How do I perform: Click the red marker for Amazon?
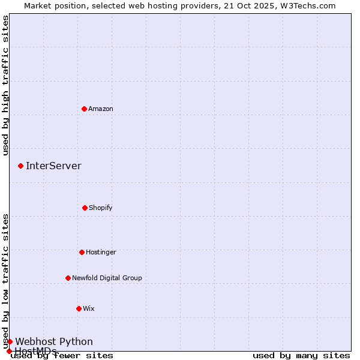pos(84,109)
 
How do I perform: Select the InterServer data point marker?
pos(20,166)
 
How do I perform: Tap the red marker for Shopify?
pos(85,208)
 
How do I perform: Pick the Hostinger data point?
pos(82,252)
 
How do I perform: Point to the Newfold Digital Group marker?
pos(68,278)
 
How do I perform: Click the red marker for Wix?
pos(79,308)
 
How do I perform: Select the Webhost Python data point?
pos(10,341)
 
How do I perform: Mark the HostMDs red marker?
pos(9,351)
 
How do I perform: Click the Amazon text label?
pos(101,109)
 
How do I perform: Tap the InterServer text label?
pos(53,166)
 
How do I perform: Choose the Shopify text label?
pos(101,208)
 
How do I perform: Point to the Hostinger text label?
pos(101,252)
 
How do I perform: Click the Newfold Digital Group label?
pos(107,278)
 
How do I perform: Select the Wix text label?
pos(89,308)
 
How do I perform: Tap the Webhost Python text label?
pos(54,342)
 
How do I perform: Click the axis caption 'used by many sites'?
pos(301,355)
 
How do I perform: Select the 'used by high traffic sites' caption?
pos(5,85)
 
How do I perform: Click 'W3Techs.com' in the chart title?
pos(310,5)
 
